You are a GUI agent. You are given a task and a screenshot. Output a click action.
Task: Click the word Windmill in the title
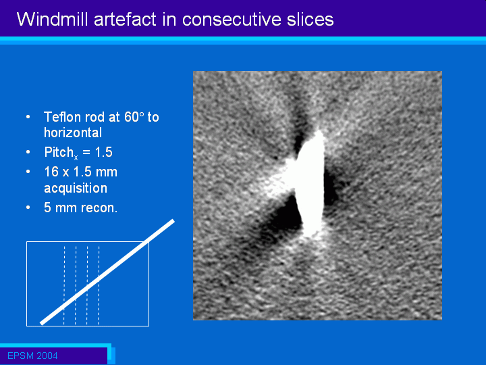53,19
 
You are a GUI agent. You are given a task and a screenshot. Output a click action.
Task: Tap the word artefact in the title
126,19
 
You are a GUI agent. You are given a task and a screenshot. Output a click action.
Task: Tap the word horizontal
73,133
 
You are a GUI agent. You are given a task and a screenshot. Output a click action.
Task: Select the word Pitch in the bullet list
59,152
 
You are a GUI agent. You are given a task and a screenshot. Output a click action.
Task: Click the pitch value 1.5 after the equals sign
104,152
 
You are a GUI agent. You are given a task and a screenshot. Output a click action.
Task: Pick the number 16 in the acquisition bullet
51,172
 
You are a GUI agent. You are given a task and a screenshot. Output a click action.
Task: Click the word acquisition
76,189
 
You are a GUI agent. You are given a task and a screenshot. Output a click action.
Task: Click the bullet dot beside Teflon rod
28,117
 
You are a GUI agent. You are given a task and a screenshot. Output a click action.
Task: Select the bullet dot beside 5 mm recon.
28,208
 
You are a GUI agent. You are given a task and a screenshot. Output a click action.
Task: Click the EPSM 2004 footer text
32,356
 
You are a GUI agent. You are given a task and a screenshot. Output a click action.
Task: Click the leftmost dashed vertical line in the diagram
64,285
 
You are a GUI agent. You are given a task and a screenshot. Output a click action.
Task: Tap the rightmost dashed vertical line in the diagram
99,285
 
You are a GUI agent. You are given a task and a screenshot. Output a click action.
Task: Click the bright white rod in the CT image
310,183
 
